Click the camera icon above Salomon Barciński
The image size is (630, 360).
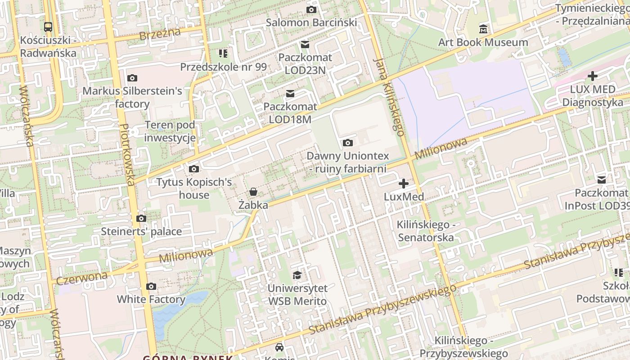pyautogui.click(x=311, y=9)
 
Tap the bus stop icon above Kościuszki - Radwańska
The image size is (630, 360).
pyautogui.click(x=48, y=27)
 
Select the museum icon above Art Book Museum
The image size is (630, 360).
pyautogui.click(x=483, y=29)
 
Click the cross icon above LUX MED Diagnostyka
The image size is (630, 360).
pyautogui.click(x=592, y=76)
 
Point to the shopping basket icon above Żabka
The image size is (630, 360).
pyautogui.click(x=253, y=192)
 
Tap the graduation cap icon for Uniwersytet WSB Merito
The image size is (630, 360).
pyautogui.click(x=297, y=275)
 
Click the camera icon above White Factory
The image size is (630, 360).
pyautogui.click(x=151, y=286)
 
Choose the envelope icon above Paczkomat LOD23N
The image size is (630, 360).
pyautogui.click(x=305, y=44)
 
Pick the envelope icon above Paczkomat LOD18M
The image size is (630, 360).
pyautogui.click(x=290, y=94)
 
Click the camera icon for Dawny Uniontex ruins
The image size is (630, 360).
pyautogui.click(x=347, y=143)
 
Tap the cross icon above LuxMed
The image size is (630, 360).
pyautogui.click(x=404, y=184)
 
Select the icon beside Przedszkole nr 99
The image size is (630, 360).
pyautogui.click(x=223, y=54)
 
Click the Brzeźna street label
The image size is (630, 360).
pyautogui.click(x=160, y=34)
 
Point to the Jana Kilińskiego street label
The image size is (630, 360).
pyautogui.click(x=389, y=97)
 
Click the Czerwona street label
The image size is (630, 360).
pyautogui.click(x=82, y=277)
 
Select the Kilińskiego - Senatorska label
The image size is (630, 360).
pyautogui.click(x=426, y=231)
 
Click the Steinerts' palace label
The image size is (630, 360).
pyautogui.click(x=141, y=232)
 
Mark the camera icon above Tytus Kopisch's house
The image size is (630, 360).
pyautogui.click(x=194, y=169)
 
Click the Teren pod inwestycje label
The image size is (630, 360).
pyautogui.click(x=170, y=131)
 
